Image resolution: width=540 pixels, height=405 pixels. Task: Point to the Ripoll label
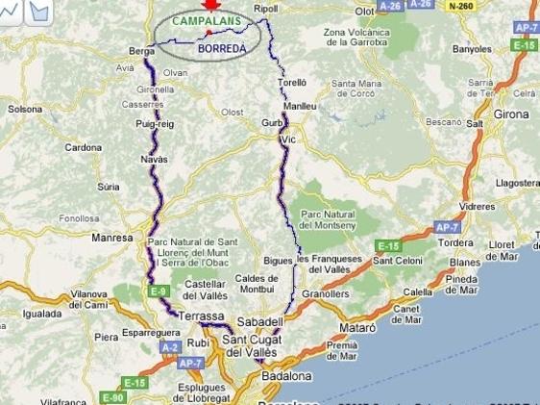pos(264,9)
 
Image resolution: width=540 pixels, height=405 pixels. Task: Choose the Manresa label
pos(111,237)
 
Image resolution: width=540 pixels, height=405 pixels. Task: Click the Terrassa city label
pos(203,316)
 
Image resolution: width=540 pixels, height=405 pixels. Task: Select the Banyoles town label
pos(472,47)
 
